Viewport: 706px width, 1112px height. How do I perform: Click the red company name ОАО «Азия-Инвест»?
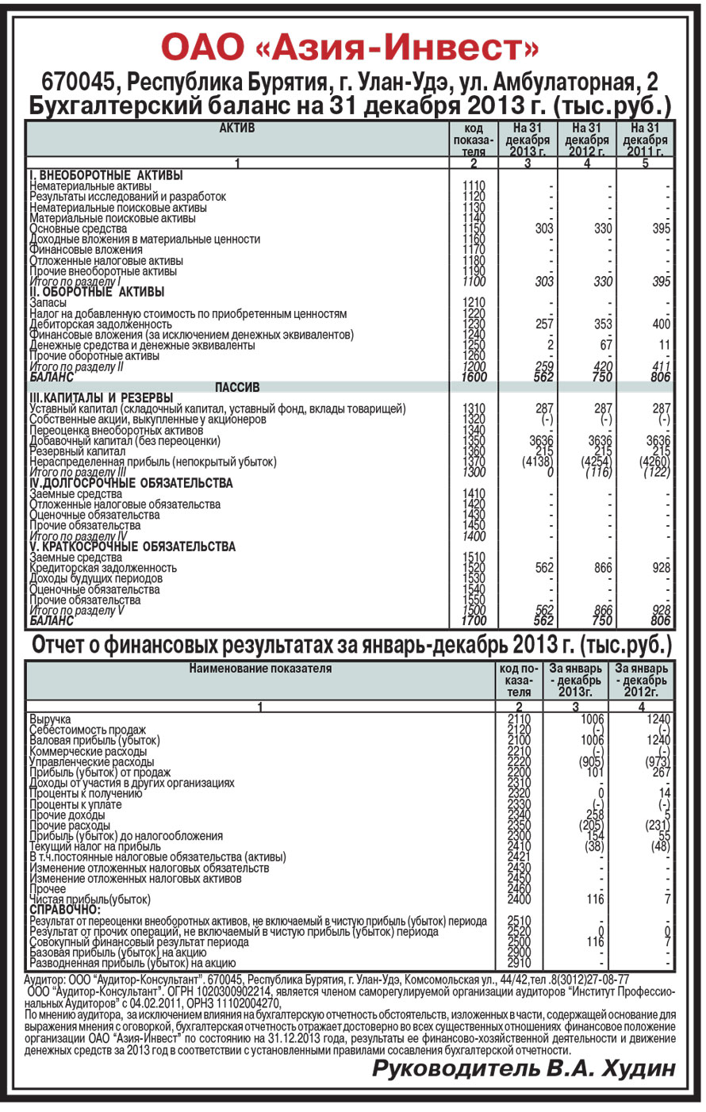(350, 48)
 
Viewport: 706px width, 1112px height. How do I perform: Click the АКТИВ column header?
(236, 128)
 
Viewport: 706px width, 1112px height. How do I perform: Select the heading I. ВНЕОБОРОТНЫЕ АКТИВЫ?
(106, 175)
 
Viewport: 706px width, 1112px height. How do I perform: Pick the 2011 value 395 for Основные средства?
(660, 228)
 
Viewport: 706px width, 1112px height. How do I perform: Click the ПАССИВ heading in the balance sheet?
(236, 388)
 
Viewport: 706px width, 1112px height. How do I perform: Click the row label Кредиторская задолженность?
(103, 568)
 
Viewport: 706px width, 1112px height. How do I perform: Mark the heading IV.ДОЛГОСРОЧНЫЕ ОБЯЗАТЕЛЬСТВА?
(131, 483)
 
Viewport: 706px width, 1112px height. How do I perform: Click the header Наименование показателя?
(260, 669)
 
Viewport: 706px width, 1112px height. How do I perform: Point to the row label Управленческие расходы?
(91, 762)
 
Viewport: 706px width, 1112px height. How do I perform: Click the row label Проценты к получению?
(86, 794)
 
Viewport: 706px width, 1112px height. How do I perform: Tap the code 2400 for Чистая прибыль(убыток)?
(519, 899)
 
